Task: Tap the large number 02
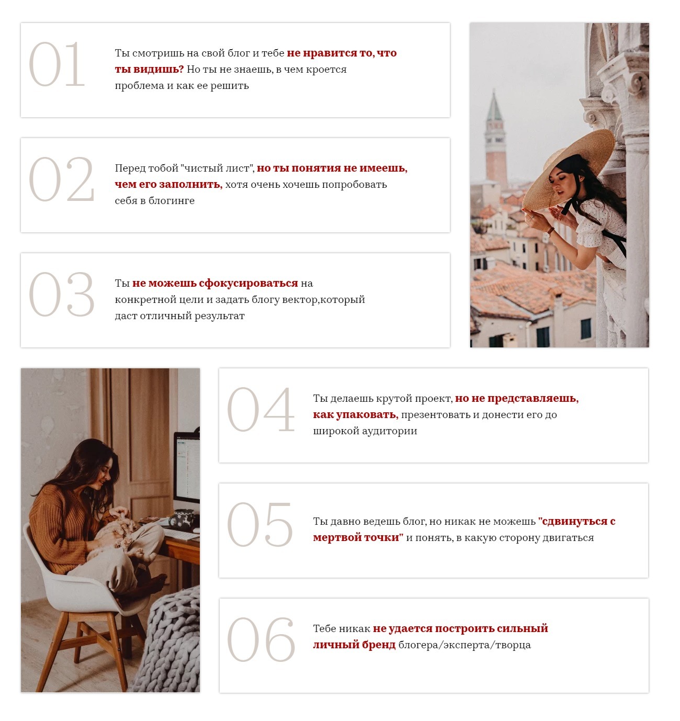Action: [x=61, y=179]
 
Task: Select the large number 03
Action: [x=61, y=294]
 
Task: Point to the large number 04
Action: [x=260, y=409]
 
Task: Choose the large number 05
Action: [x=259, y=524]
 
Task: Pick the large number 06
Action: [x=260, y=639]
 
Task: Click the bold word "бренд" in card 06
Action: [x=380, y=645]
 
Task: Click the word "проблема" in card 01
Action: [x=140, y=86]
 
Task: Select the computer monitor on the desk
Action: [x=187, y=467]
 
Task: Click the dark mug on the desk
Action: [x=184, y=519]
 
